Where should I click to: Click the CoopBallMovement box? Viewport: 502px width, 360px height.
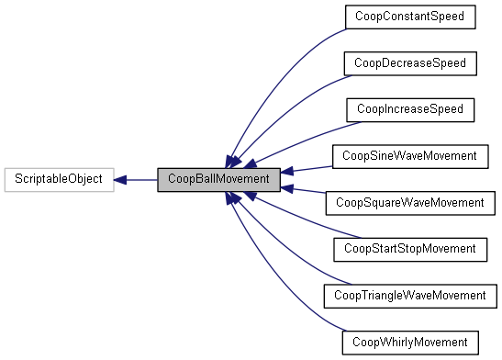click(x=218, y=180)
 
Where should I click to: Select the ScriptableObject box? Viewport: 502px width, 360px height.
click(x=59, y=180)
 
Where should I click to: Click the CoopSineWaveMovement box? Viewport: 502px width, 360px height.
click(x=408, y=156)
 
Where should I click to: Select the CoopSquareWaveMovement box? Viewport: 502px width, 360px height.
click(x=408, y=203)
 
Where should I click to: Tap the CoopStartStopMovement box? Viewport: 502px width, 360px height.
click(x=408, y=249)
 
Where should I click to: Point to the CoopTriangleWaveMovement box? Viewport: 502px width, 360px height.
click(x=408, y=296)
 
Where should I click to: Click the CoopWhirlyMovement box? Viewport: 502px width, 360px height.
click(x=408, y=343)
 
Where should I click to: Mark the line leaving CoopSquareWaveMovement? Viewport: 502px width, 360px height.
click(x=307, y=191)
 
